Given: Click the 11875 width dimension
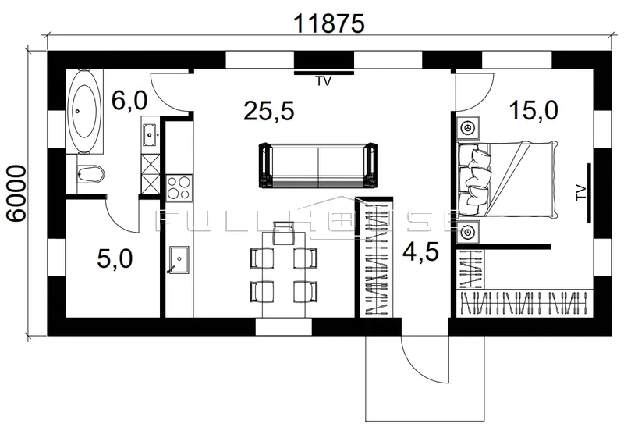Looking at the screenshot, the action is pyautogui.click(x=328, y=23).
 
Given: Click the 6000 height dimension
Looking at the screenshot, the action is pyautogui.click(x=16, y=194).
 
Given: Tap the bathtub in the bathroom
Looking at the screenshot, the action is pyautogui.click(x=84, y=112).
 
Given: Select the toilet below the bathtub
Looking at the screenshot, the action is pyautogui.click(x=90, y=174).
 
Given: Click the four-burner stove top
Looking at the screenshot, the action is pyautogui.click(x=179, y=187).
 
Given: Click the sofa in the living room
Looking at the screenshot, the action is pyautogui.click(x=318, y=165).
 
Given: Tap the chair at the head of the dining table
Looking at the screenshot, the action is pyautogui.click(x=283, y=233).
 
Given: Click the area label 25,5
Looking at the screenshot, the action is pyautogui.click(x=269, y=111).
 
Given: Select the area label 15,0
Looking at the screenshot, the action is pyautogui.click(x=534, y=110).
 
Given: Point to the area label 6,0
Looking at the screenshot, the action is pyautogui.click(x=129, y=101).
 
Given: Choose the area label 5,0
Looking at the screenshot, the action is pyautogui.click(x=115, y=259).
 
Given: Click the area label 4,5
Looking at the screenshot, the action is pyautogui.click(x=420, y=251).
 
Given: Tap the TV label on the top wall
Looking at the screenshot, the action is pyautogui.click(x=324, y=81).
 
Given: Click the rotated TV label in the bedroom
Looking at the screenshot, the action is pyautogui.click(x=580, y=193).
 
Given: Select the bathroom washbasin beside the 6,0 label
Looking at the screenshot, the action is pyautogui.click(x=150, y=135).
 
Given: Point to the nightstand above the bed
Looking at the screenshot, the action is pyautogui.click(x=467, y=128).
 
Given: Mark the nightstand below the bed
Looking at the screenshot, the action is pyautogui.click(x=467, y=231).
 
